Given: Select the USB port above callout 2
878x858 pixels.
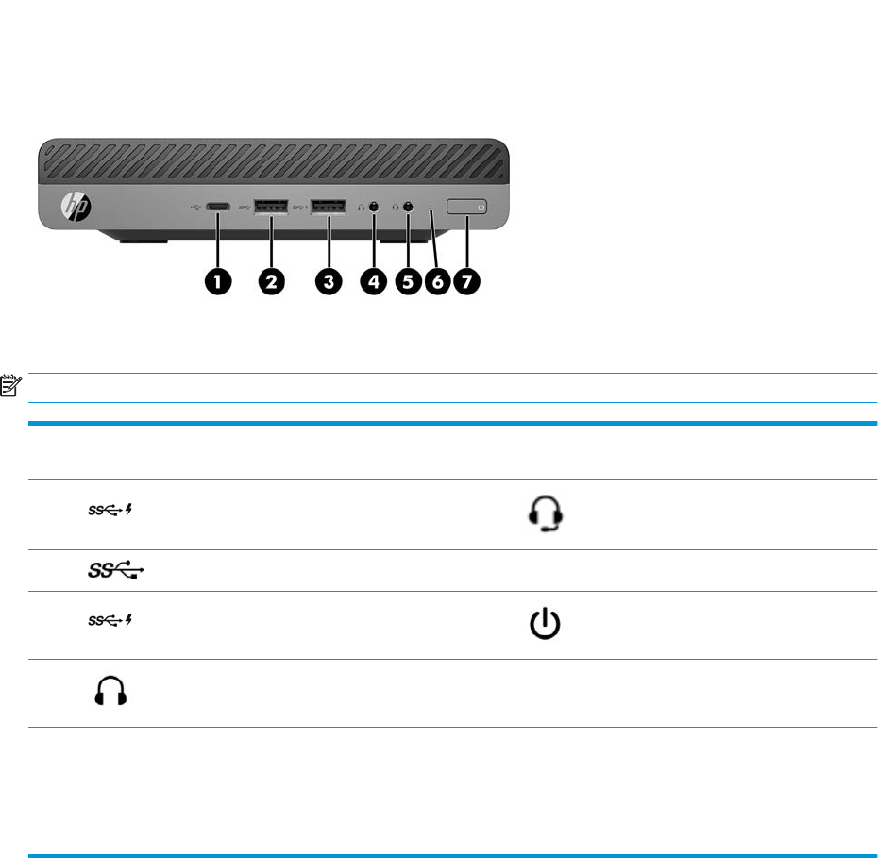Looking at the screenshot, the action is point(271,207).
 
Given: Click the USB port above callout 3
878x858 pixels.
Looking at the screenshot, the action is point(326,207).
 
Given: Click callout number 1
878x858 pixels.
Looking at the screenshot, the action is point(220,282).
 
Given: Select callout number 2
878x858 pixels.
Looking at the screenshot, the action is point(271,282).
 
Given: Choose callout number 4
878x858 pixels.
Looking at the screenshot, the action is point(374,282).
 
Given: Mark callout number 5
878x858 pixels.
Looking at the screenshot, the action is point(409,282).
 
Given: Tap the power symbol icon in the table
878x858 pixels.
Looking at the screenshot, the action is point(546,626).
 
